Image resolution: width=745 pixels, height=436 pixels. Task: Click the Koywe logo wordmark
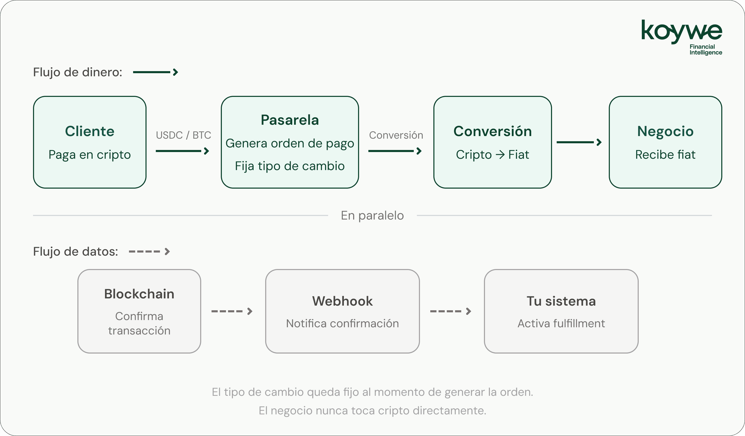[x=682, y=32]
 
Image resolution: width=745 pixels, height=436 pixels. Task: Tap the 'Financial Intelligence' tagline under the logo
[x=706, y=50]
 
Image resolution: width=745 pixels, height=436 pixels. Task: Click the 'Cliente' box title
[x=90, y=131]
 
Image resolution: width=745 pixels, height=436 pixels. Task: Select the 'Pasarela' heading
[x=290, y=120]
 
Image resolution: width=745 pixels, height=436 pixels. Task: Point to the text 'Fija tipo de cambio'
[x=290, y=166]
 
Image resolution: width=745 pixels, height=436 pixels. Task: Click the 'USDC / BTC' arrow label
[x=183, y=135]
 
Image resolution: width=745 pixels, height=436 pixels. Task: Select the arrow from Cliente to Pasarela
[x=182, y=151]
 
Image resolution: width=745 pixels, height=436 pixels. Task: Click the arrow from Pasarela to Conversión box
[x=395, y=151]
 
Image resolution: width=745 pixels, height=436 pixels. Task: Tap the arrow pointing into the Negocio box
[x=579, y=142]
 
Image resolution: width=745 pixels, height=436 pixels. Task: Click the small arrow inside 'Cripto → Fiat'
[x=500, y=155]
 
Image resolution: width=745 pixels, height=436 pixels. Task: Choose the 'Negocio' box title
[x=666, y=131]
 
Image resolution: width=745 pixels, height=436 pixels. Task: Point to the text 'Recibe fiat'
[x=666, y=155]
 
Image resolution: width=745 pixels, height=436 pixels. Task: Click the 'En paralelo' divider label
[x=372, y=215]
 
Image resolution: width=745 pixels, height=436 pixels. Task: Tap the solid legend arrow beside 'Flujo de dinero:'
[x=156, y=72]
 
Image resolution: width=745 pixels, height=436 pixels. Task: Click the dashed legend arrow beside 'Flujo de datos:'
[x=149, y=251]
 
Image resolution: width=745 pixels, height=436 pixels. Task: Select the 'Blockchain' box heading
[x=139, y=294]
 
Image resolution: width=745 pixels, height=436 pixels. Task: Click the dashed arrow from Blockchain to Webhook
[x=232, y=311]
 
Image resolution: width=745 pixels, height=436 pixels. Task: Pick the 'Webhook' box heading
[x=342, y=301]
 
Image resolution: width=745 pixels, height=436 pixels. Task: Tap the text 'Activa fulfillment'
[x=561, y=323]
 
